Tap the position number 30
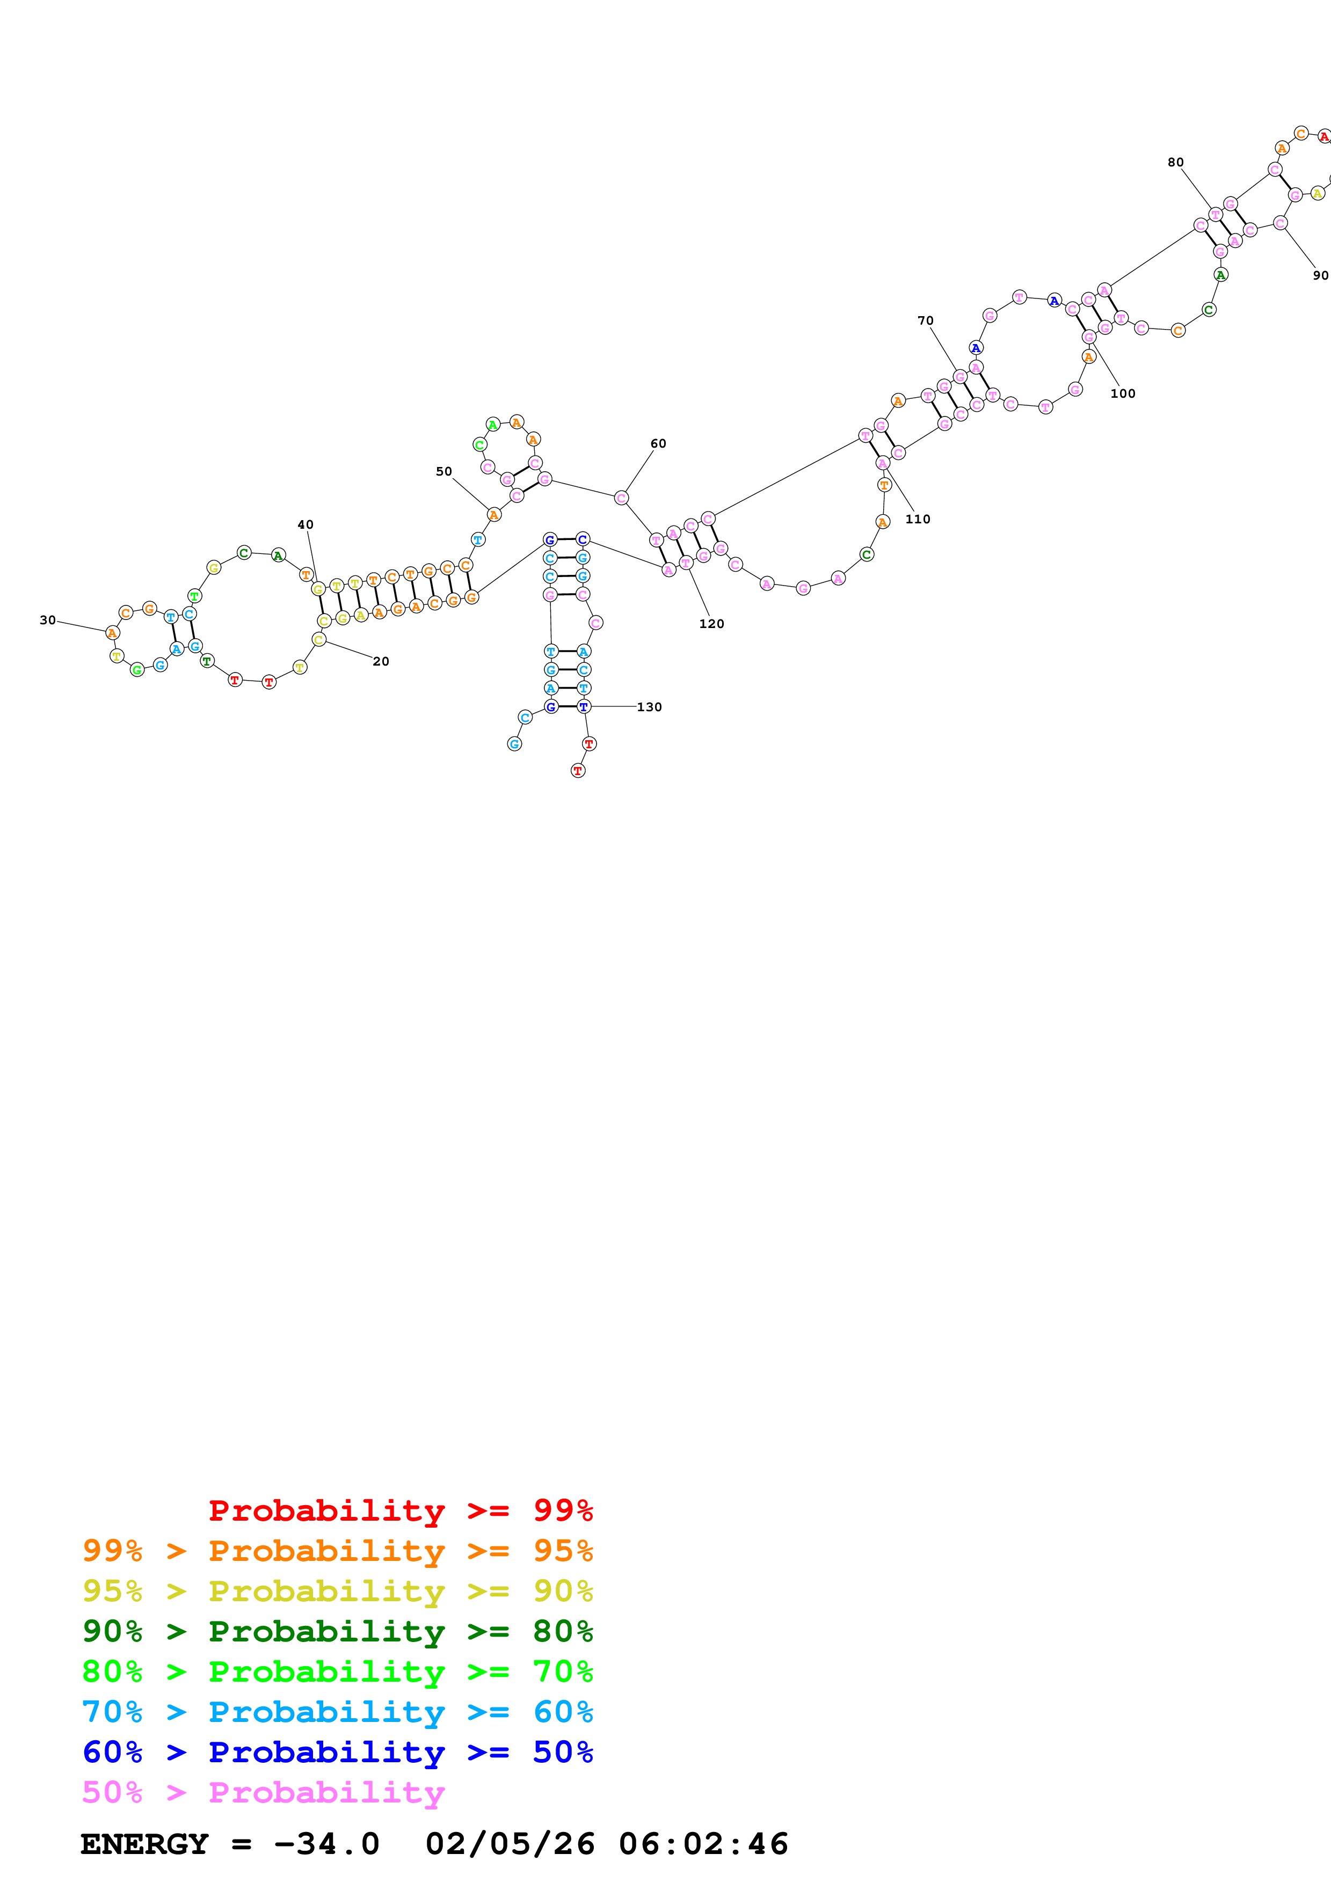[x=48, y=620]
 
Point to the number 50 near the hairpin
[x=443, y=472]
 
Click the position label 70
[x=925, y=320]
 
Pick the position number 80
[x=1175, y=163]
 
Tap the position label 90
[x=1320, y=275]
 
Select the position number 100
[x=1123, y=393]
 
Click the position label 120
[x=711, y=624]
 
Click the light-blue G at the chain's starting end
[x=514, y=744]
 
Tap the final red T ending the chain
[x=578, y=771]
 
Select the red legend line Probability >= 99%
[x=400, y=1510]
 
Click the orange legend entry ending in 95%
[x=337, y=1551]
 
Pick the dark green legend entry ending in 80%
[x=337, y=1631]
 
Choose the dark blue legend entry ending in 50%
[x=337, y=1752]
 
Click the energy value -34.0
[x=326, y=1844]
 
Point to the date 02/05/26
[x=510, y=1844]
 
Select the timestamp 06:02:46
[x=703, y=1844]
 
